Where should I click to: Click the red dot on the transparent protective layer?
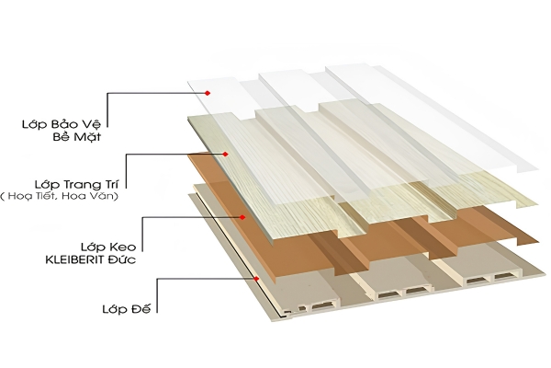[208, 93]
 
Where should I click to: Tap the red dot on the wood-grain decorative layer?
[226, 154]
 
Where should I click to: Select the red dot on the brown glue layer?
[242, 217]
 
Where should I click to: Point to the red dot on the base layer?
[256, 279]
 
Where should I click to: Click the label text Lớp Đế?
[127, 309]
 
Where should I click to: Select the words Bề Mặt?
[77, 136]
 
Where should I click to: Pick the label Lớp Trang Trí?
[76, 184]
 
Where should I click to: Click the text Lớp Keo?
[108, 247]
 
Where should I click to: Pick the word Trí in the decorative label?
[113, 184]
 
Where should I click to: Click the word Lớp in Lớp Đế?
[115, 309]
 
